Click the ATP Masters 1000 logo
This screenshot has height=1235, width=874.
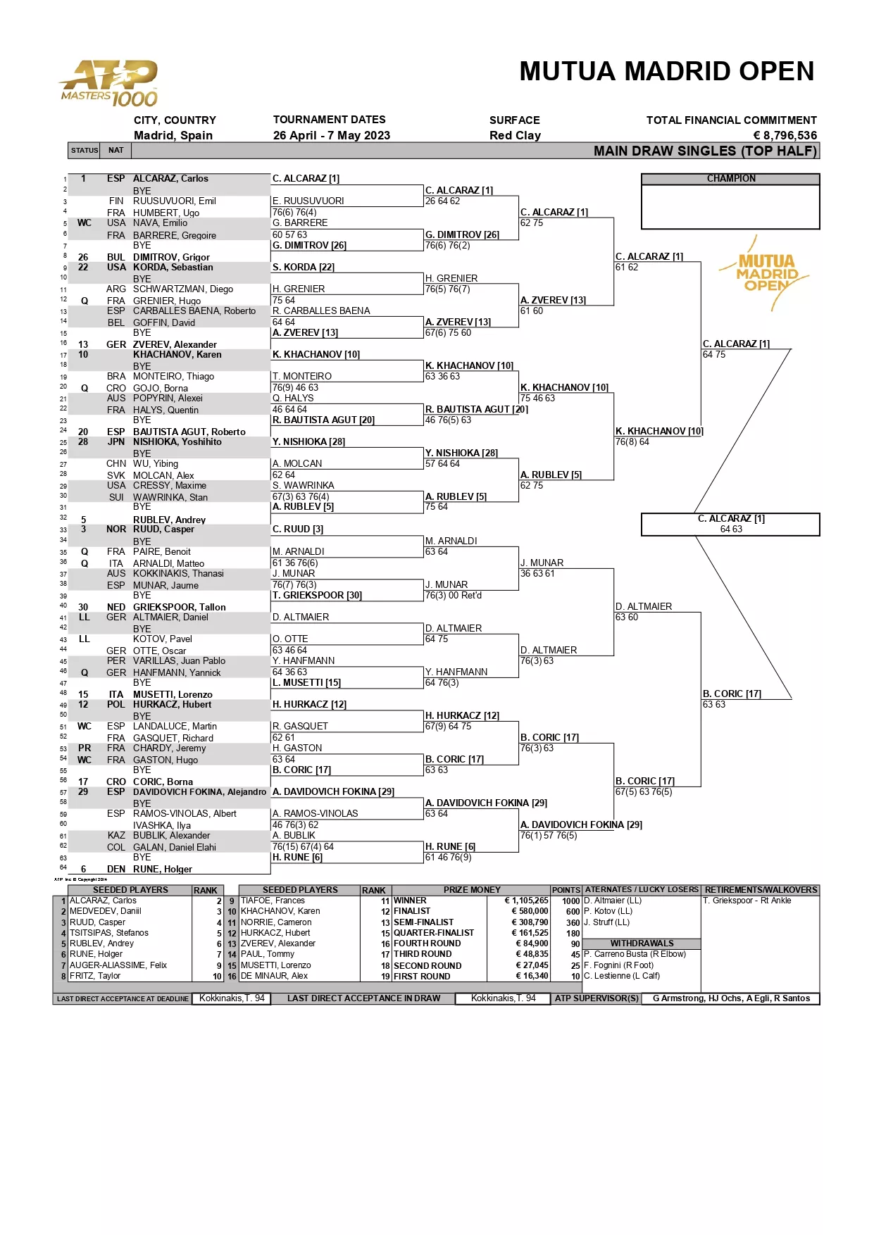110,83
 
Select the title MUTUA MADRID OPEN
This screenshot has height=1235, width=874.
666,72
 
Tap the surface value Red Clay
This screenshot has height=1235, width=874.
515,135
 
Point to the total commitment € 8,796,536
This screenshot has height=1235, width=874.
785,135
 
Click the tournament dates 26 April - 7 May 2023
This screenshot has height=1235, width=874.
331,135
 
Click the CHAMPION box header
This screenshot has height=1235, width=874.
730,179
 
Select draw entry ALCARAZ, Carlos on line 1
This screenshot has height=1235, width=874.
170,179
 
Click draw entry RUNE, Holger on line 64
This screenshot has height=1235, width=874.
162,869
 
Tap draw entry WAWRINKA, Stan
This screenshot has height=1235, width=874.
170,497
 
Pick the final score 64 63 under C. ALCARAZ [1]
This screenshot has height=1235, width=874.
730,529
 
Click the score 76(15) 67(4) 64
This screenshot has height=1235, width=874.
303,846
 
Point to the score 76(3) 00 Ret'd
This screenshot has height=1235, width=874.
454,596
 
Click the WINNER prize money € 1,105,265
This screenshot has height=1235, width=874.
525,901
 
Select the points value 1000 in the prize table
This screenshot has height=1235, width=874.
570,901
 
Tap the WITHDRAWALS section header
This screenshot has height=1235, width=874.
641,944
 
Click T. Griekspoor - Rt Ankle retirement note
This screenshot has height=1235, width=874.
747,901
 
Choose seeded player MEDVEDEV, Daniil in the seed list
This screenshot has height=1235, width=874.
106,911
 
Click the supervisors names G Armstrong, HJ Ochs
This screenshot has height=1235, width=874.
730,998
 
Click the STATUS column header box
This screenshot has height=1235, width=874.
85,150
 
